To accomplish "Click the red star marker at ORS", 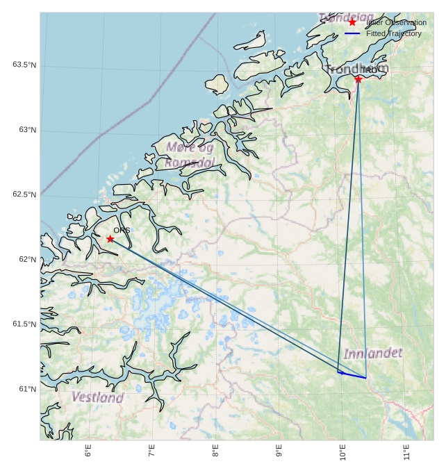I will pyautogui.click(x=110, y=239).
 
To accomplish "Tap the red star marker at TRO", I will pyautogui.click(x=358, y=79).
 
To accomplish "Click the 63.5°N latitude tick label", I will pyautogui.click(x=24, y=65).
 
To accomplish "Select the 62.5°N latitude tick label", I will pyautogui.click(x=24, y=194).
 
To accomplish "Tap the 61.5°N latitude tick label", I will pyautogui.click(x=24, y=324).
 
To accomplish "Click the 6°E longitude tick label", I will pyautogui.click(x=88, y=451).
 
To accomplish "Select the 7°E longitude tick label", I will pyautogui.click(x=151, y=451).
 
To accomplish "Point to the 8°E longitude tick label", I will pyautogui.click(x=215, y=451).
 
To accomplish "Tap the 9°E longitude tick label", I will pyautogui.click(x=279, y=451).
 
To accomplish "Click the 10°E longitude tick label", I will pyautogui.click(x=343, y=452).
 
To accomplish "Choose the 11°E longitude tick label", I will pyautogui.click(x=407, y=452).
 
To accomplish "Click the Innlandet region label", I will pyautogui.click(x=373, y=354).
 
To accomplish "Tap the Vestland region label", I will pyautogui.click(x=98, y=398).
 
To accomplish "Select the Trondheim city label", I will pyautogui.click(x=357, y=69).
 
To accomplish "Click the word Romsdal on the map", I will pyautogui.click(x=189, y=163).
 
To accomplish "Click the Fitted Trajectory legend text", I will pyautogui.click(x=393, y=33).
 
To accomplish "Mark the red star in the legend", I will pyautogui.click(x=352, y=22).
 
